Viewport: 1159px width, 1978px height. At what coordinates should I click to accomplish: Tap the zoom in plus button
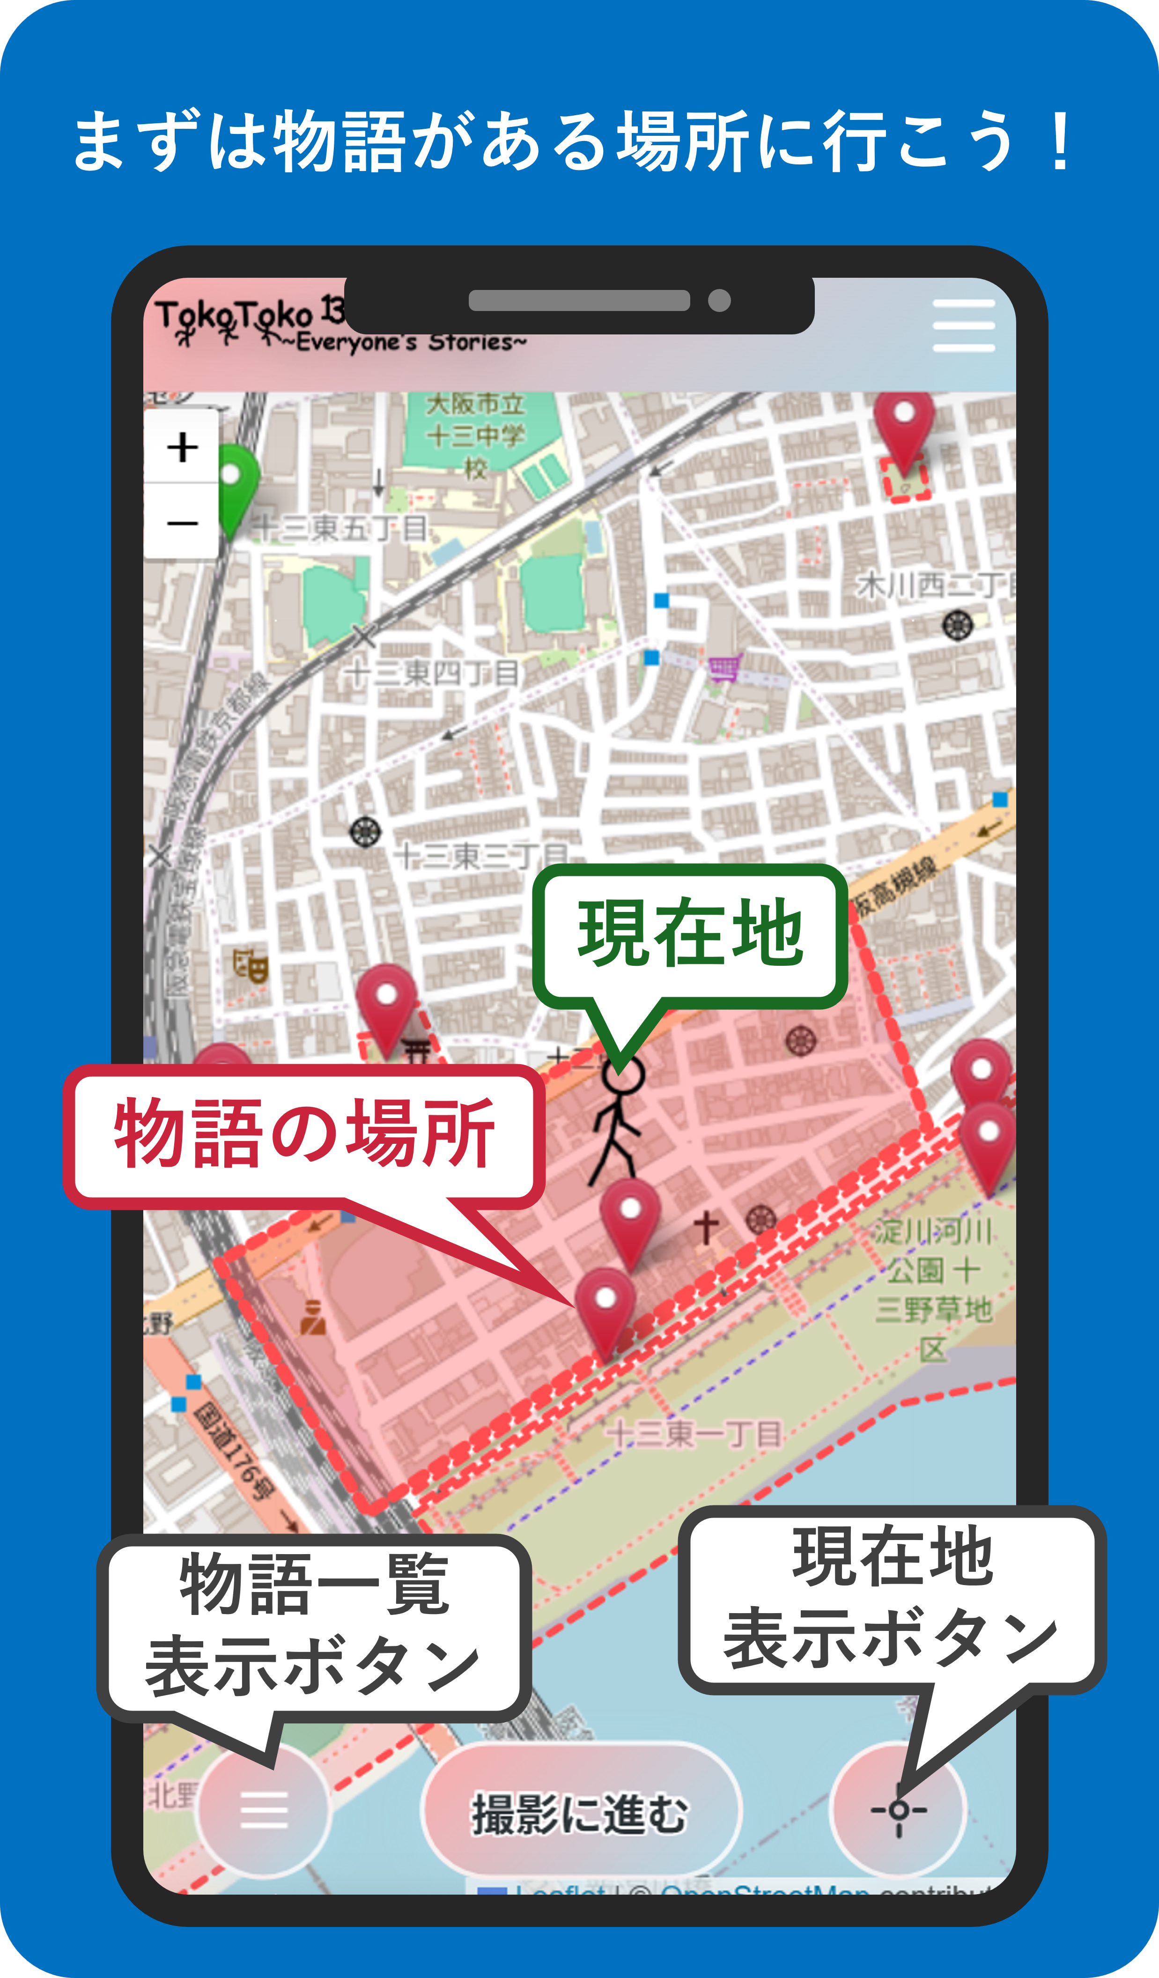(x=182, y=447)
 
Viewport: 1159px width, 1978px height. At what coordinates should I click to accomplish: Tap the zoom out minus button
(x=182, y=522)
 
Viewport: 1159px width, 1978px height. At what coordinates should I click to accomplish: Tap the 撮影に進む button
(x=581, y=1813)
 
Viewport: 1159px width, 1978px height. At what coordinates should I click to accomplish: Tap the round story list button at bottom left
(x=264, y=1810)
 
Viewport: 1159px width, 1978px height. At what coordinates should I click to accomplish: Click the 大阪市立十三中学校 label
(x=475, y=436)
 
